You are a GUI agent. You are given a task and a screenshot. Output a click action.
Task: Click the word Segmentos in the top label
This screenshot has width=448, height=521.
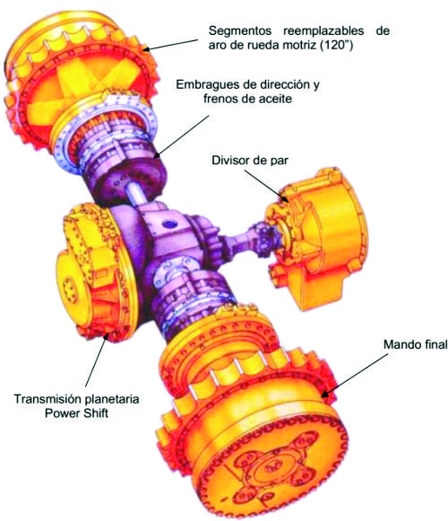tap(240, 30)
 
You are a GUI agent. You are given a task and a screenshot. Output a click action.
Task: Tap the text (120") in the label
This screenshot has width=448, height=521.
tap(336, 45)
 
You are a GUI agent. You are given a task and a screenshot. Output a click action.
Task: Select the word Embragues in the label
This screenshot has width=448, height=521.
tap(207, 84)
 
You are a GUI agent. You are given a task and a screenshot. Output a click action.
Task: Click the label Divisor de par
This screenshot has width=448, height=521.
tap(250, 161)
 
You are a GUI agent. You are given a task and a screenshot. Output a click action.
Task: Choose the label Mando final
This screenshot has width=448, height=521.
tap(416, 344)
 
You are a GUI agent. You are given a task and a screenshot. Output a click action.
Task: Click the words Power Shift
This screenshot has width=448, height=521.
tap(77, 413)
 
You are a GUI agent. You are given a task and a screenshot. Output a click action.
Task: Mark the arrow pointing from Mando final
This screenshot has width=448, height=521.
tap(354, 376)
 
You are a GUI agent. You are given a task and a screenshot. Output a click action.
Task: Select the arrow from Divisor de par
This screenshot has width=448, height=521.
tap(266, 186)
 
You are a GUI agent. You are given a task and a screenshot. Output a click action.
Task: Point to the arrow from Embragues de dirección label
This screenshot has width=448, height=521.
tap(182, 136)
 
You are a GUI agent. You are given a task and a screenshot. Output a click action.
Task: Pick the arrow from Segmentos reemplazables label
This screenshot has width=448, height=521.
tap(170, 45)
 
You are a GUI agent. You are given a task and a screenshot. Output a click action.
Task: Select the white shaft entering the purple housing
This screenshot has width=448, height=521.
tap(137, 195)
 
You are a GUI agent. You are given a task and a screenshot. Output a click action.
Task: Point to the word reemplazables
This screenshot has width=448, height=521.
tap(323, 30)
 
